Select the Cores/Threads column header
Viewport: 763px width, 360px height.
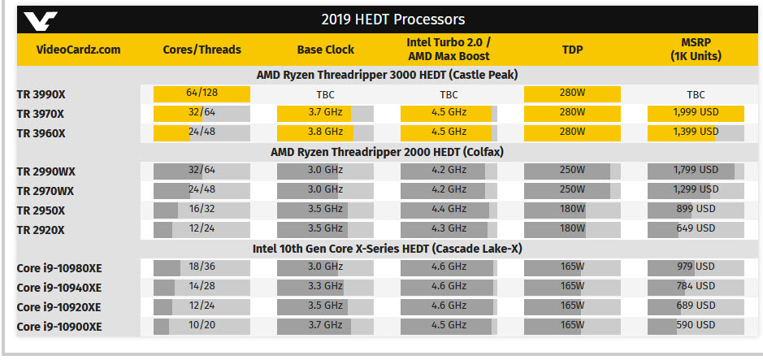[202, 50]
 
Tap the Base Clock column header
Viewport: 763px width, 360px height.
[325, 50]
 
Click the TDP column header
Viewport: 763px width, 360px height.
[572, 50]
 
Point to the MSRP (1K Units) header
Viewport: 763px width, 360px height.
[696, 50]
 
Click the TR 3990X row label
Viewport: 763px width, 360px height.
[41, 94]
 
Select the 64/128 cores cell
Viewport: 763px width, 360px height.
[202, 93]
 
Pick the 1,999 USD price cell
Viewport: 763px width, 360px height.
[696, 113]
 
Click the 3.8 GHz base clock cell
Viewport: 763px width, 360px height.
[325, 132]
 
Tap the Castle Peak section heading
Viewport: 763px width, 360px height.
[387, 75]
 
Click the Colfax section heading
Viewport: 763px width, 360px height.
[387, 150]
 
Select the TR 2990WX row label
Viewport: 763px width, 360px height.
[46, 171]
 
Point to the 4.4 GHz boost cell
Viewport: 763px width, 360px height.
[449, 210]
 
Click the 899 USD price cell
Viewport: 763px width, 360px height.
[696, 210]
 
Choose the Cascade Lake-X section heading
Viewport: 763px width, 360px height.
[387, 247]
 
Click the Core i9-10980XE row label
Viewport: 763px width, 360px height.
[59, 268]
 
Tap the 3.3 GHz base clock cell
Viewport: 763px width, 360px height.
[325, 286]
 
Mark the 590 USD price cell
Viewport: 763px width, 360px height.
[696, 326]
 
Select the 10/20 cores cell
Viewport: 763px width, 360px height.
[202, 326]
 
